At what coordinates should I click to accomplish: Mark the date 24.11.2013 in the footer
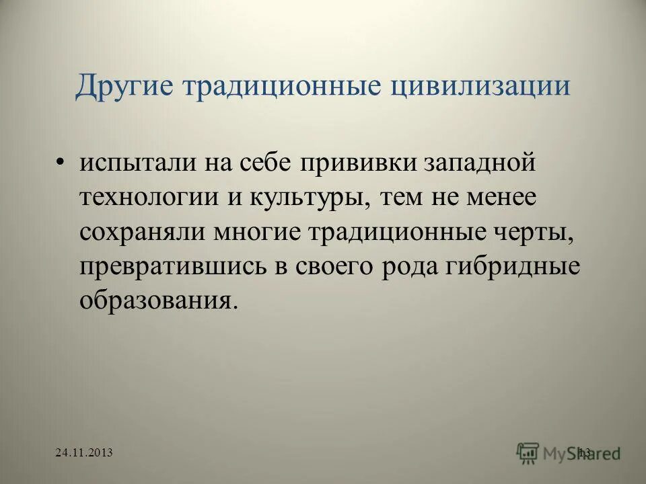(84, 454)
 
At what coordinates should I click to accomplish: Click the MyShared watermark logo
(569, 453)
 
